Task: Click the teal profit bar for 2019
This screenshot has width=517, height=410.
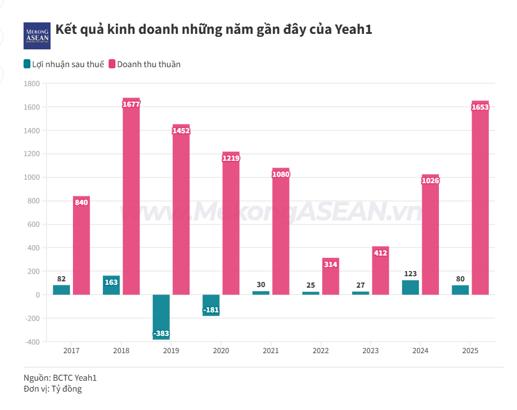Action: coord(161,313)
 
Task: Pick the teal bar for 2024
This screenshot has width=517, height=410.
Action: coord(410,288)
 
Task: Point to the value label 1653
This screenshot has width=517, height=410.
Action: coord(480,107)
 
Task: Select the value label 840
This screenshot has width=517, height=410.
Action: coord(82,202)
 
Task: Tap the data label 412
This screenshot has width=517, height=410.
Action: coord(380,253)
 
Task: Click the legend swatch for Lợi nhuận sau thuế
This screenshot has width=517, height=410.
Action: coord(28,64)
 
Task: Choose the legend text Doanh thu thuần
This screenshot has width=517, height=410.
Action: coord(149,64)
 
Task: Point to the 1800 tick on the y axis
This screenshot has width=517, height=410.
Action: coord(32,84)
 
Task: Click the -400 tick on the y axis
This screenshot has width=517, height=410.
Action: coord(33,342)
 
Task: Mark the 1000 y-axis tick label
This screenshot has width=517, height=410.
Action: coord(32,177)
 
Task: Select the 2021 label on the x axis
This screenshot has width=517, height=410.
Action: coord(271,351)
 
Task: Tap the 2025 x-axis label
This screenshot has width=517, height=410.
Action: coord(470,351)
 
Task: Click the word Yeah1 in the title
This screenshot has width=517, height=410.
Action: coord(353,30)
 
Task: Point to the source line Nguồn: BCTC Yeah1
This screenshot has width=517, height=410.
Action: coord(60,378)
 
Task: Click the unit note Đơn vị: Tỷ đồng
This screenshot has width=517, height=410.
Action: coord(53,389)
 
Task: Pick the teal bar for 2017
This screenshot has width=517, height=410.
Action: coord(61,290)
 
